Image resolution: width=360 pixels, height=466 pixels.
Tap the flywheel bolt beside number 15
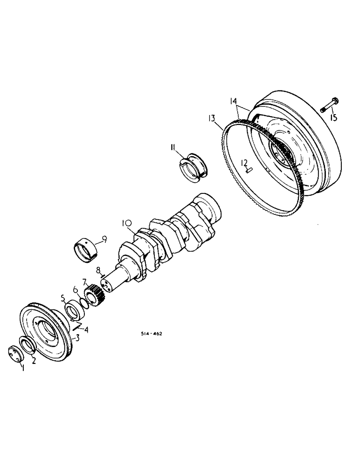pyautogui.click(x=330, y=104)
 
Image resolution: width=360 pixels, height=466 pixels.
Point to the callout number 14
pyautogui.click(x=233, y=101)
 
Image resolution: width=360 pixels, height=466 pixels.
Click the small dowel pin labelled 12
pyautogui.click(x=249, y=170)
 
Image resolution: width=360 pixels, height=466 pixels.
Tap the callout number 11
pyautogui.click(x=173, y=148)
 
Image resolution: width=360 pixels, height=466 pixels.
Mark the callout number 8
pyautogui.click(x=98, y=270)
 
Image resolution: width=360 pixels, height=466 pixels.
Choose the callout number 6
pyautogui.click(x=76, y=289)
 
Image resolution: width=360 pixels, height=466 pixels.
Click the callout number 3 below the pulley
pyautogui.click(x=78, y=338)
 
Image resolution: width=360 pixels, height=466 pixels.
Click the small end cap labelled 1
pyautogui.click(x=15, y=353)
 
